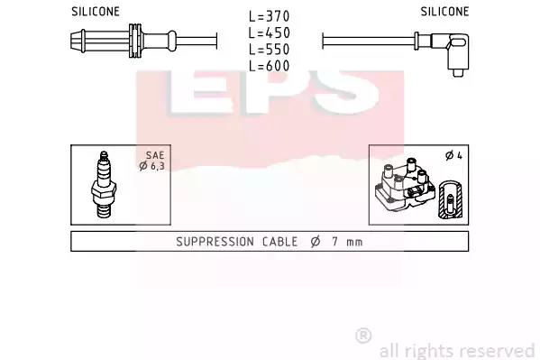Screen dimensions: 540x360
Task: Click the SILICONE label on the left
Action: (96, 12)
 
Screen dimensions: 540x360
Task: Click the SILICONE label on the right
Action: (444, 12)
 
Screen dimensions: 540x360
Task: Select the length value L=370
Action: (270, 16)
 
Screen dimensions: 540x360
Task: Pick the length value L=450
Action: (270, 32)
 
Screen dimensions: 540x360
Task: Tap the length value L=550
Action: (270, 50)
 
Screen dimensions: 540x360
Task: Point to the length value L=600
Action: (270, 66)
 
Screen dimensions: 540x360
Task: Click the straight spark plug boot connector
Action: (124, 41)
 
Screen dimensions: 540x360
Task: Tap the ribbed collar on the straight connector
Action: (135, 41)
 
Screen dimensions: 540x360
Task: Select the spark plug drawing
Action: (104, 185)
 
